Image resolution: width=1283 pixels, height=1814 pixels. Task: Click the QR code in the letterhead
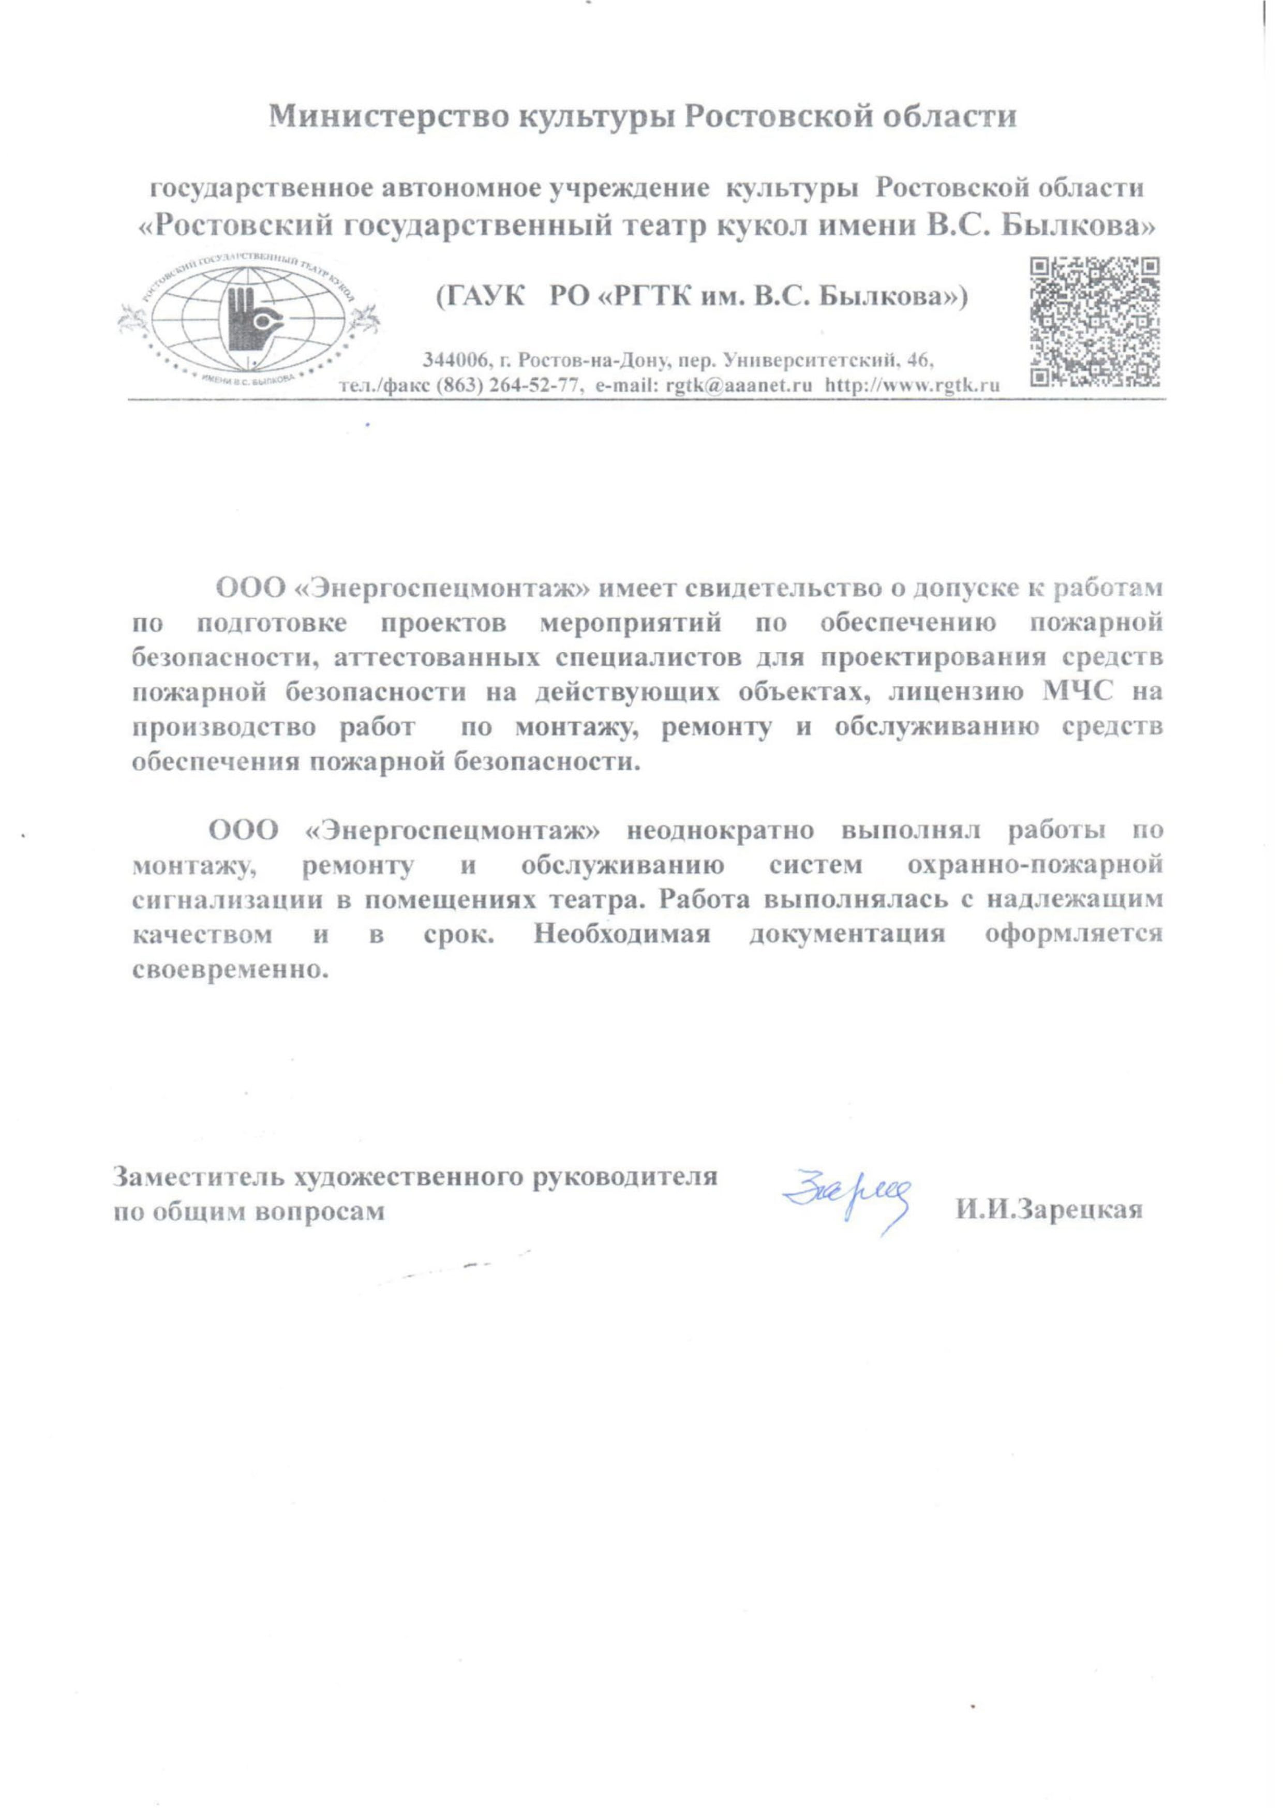click(x=1096, y=322)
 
